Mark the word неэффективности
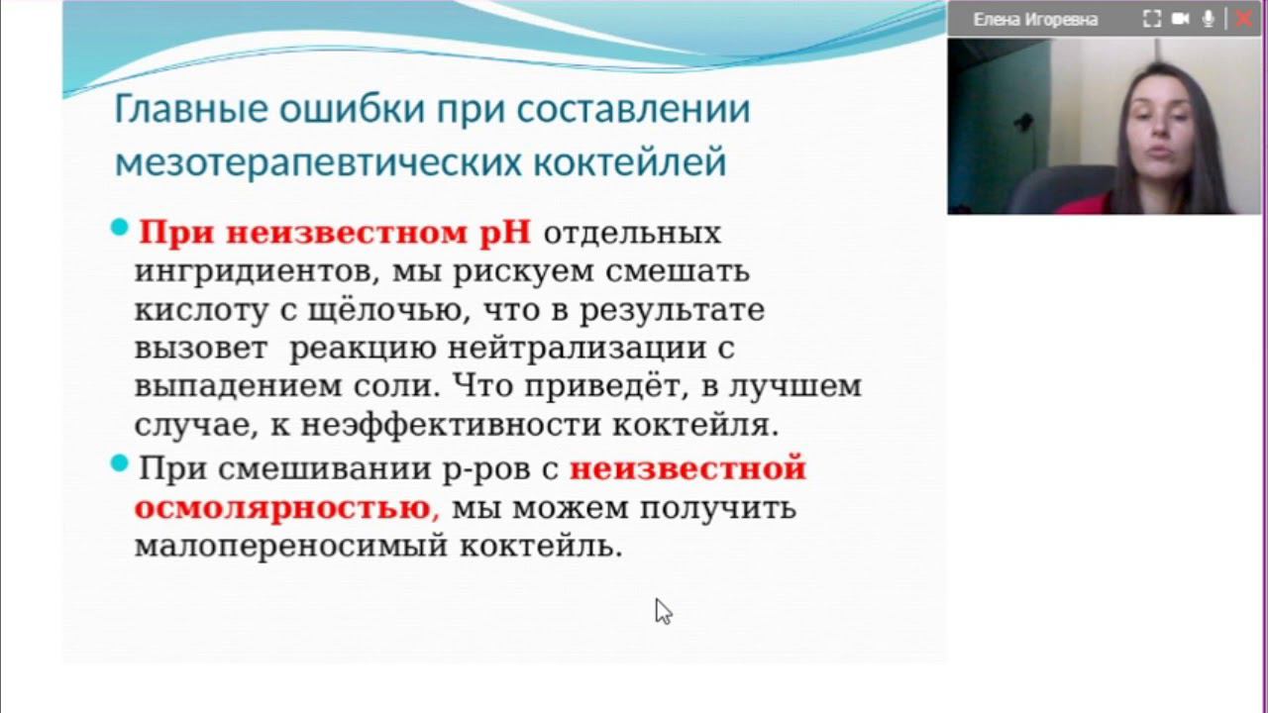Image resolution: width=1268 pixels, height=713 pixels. tap(452, 426)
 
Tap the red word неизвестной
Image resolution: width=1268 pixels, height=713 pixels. tap(687, 468)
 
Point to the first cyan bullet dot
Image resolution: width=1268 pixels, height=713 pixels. tap(120, 229)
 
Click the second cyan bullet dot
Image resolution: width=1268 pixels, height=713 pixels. tap(120, 463)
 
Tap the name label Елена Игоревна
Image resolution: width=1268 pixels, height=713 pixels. tap(1035, 19)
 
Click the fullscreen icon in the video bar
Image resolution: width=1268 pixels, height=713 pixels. tap(1151, 19)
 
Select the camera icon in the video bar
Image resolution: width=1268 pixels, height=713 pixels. tap(1180, 19)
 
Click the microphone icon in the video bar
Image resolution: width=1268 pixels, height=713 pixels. tap(1209, 19)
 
